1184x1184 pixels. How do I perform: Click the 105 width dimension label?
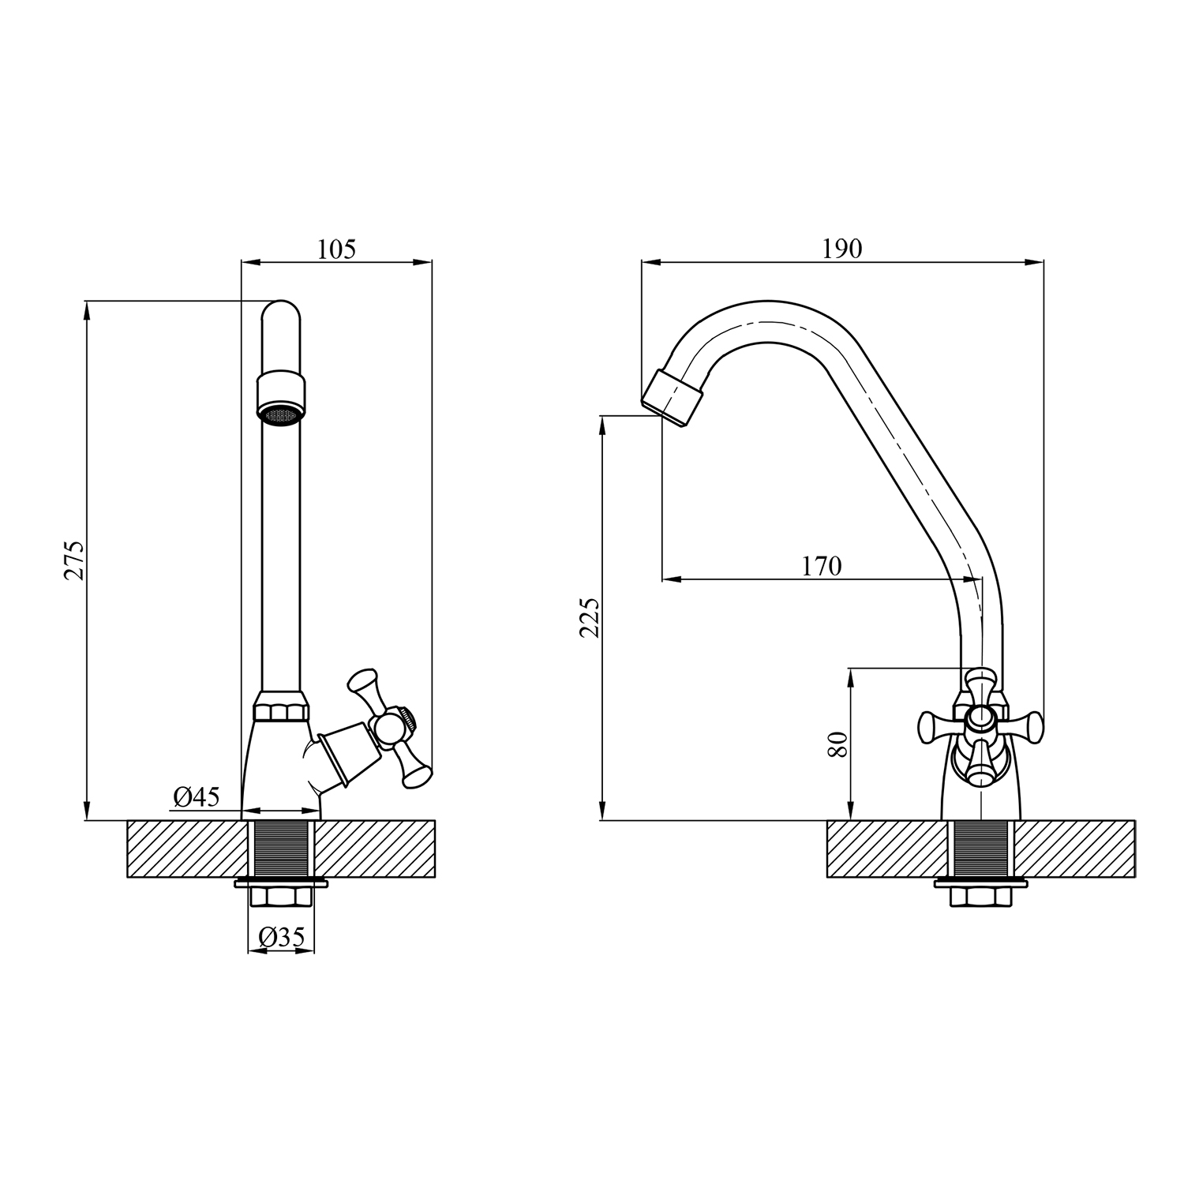point(337,249)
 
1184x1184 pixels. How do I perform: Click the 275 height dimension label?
point(75,560)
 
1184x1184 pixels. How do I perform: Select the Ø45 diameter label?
point(197,797)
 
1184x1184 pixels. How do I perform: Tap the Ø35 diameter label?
point(282,937)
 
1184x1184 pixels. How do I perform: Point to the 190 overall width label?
point(842,249)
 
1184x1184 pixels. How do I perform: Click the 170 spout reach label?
point(822,566)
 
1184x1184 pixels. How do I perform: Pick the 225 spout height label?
point(590,617)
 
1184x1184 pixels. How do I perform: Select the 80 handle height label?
point(838,744)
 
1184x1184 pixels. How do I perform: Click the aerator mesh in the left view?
point(280,415)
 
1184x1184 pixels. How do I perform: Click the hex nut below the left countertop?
point(282,897)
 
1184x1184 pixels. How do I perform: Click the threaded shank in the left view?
point(282,849)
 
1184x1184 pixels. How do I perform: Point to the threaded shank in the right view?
point(980,849)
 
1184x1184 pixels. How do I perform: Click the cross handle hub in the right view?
point(980,718)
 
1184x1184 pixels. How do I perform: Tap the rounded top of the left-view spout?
point(280,314)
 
